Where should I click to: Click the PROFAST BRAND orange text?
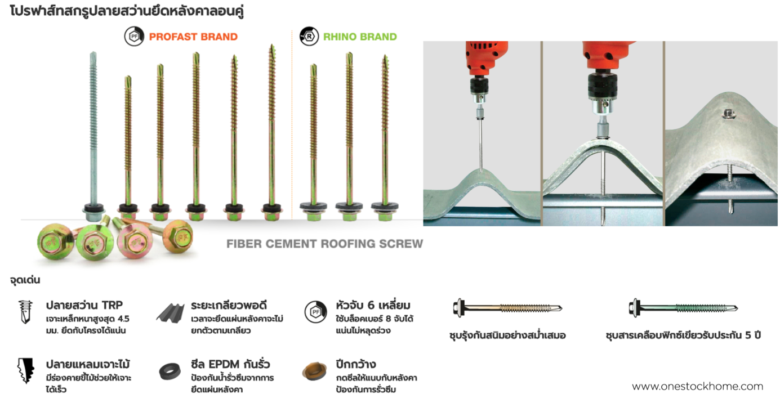(193, 37)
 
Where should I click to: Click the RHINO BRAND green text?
(360, 37)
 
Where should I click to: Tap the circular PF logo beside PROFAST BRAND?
(134, 37)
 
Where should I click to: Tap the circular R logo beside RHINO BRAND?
(309, 37)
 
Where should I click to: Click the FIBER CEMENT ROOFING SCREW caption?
(324, 244)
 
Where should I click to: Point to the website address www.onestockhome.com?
(697, 387)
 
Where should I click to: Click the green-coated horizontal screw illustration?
(683, 308)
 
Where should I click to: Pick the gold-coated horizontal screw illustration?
(507, 308)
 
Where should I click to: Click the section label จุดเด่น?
(25, 280)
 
